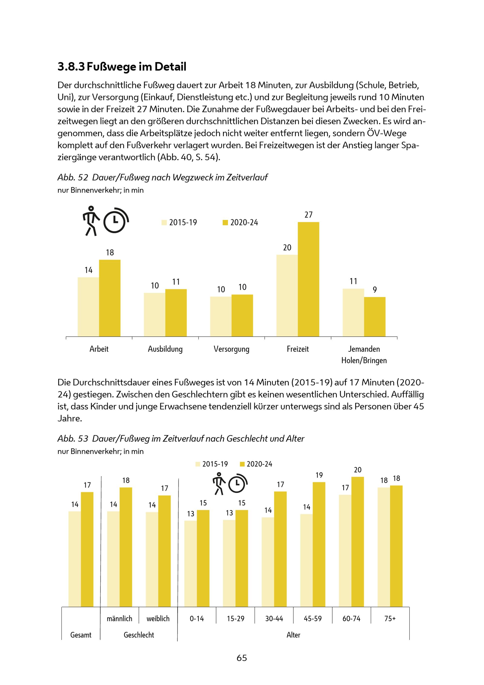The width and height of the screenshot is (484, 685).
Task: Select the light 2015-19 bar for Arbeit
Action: pos(88,307)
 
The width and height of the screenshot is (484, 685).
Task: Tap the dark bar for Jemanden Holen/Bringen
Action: pos(375,317)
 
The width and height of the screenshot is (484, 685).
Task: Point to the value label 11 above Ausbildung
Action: pos(176,282)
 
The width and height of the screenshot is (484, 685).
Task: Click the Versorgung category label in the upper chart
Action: pos(231,349)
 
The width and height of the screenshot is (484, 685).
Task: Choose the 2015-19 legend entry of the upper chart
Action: pos(179,223)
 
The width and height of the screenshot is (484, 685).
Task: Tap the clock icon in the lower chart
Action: pos(238,483)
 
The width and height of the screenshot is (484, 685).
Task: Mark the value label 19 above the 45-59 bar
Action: pos(319,475)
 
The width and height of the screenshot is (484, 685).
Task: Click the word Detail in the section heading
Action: pos(170,67)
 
